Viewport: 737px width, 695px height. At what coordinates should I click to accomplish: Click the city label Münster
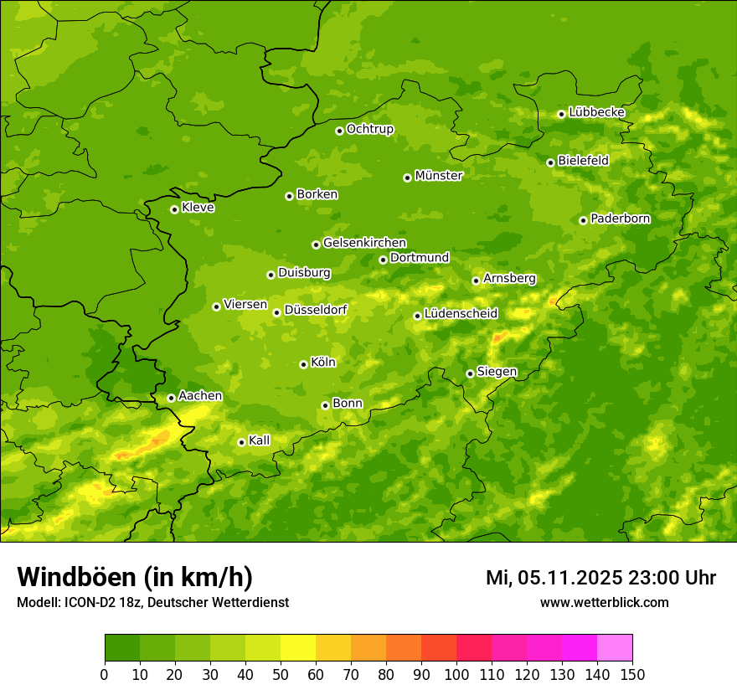(439, 176)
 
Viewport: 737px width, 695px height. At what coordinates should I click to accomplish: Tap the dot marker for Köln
(303, 364)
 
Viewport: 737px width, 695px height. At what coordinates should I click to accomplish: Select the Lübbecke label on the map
(596, 112)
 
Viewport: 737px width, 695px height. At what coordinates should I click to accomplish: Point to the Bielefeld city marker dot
(550, 162)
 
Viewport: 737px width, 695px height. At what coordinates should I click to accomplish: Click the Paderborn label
(620, 219)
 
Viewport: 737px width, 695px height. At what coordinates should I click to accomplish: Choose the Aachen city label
(200, 396)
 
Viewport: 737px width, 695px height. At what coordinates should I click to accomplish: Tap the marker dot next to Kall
(241, 442)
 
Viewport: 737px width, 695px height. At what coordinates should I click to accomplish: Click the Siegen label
(497, 372)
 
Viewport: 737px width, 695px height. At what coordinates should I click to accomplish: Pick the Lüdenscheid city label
(461, 314)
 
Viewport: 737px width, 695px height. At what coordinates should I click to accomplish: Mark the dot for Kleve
(174, 209)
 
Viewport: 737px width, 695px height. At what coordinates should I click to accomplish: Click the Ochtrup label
(369, 129)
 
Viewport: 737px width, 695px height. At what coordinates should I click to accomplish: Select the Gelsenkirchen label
(364, 243)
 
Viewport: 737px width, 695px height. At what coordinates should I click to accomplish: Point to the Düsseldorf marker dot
(276, 312)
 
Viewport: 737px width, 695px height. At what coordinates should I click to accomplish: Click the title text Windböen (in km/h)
(135, 577)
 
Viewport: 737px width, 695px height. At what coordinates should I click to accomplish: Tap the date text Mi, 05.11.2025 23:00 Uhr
(600, 578)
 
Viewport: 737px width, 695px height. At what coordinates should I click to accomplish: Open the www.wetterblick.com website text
(604, 602)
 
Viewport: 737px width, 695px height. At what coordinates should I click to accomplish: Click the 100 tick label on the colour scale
(456, 674)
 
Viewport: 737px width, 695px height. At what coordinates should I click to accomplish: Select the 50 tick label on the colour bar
(281, 674)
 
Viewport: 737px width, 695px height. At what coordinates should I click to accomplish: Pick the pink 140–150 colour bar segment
(615, 648)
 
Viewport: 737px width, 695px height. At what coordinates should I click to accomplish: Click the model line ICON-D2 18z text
(152, 603)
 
